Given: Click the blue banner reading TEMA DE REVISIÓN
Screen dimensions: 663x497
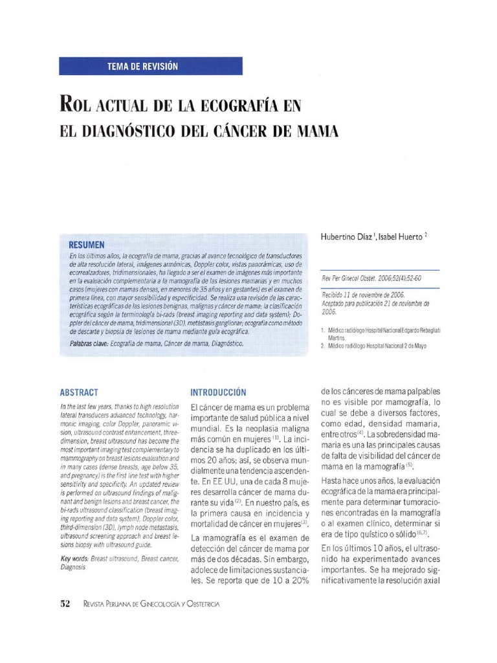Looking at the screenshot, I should pyautogui.click(x=151, y=66).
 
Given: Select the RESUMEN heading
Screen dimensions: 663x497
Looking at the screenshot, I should pyautogui.click(x=86, y=245).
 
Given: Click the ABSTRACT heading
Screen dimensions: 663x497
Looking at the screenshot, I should pyautogui.click(x=79, y=392).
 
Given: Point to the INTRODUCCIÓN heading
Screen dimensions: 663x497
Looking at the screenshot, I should pyautogui.click(x=218, y=392).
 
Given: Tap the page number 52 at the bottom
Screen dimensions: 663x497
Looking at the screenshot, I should pyautogui.click(x=65, y=603).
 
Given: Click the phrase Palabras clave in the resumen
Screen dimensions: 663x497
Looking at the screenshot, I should pyautogui.click(x=89, y=344).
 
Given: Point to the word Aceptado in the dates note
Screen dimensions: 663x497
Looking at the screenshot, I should pyautogui.click(x=335, y=303).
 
